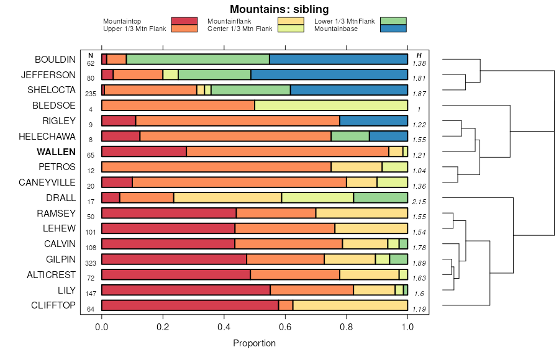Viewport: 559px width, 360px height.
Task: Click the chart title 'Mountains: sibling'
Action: [x=279, y=9]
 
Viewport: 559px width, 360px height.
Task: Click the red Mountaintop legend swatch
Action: [x=184, y=21]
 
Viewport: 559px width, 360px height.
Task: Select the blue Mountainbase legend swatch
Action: [x=393, y=29]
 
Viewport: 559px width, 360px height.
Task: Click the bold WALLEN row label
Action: [x=56, y=151]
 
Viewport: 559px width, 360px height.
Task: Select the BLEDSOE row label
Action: [x=54, y=106]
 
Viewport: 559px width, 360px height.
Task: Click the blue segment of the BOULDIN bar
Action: [x=339, y=60]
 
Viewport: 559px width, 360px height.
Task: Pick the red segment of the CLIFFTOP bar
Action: [x=189, y=305]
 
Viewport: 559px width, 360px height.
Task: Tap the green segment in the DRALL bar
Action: [x=380, y=197]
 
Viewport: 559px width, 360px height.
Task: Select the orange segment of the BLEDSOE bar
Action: [x=178, y=106]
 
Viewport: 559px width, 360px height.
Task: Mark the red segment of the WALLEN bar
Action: [x=143, y=151]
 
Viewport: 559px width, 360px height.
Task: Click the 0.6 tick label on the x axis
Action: [x=284, y=327]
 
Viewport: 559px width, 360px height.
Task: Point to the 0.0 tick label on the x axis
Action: [x=101, y=327]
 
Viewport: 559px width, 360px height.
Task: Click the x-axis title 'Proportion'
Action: [x=254, y=343]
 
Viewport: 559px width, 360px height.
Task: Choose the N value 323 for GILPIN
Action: [x=91, y=263]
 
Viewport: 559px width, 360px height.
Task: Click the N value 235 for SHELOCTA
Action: [x=91, y=94]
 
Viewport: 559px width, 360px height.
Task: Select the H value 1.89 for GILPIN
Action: [x=419, y=263]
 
